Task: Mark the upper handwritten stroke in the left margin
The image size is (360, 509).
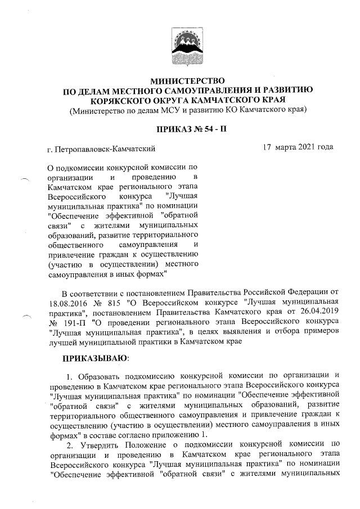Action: point(25,179)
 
